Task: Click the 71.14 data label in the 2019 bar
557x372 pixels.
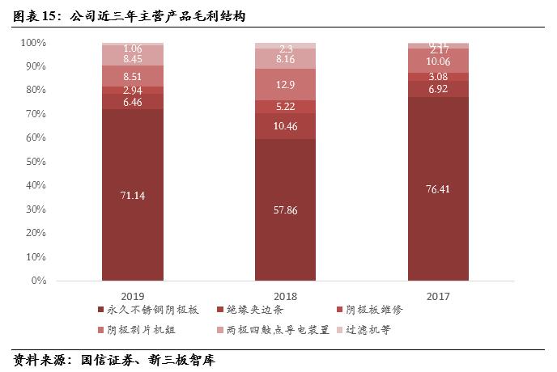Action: [132, 196]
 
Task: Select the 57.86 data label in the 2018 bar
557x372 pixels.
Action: [285, 212]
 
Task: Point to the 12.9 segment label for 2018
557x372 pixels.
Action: [285, 84]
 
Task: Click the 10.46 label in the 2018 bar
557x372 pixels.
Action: [285, 126]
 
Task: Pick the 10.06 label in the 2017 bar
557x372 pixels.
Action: [438, 61]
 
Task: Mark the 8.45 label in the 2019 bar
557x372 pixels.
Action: [132, 59]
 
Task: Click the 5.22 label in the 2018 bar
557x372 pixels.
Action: [285, 107]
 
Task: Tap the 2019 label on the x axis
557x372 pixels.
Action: [132, 294]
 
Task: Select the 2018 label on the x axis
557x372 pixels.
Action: [285, 294]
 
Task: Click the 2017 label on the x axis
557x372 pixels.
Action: [438, 294]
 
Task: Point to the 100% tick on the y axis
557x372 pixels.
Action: [33, 42]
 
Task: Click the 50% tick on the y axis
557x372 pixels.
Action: [36, 162]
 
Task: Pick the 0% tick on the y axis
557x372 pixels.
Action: [39, 281]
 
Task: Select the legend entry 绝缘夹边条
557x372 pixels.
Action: [254, 311]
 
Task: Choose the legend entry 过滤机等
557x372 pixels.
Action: [368, 330]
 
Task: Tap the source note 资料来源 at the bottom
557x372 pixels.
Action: [113, 359]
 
